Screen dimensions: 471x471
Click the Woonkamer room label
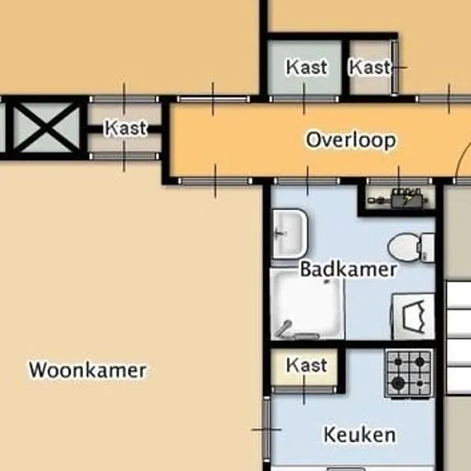(87, 370)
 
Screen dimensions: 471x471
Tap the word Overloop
(351, 140)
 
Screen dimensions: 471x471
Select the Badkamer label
(349, 269)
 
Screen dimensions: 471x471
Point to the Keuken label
(360, 434)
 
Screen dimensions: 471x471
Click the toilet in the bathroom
(411, 247)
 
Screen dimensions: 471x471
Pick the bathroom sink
(289, 234)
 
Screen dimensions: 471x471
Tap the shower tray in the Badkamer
(307, 305)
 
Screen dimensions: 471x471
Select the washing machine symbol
(414, 317)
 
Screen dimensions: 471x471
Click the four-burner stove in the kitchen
(409, 373)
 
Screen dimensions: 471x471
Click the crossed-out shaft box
(46, 128)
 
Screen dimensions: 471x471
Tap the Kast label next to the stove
(307, 365)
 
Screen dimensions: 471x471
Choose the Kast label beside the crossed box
(126, 128)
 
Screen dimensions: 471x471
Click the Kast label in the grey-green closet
(307, 67)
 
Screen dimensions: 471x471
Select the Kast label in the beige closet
(370, 67)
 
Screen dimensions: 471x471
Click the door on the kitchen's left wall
(266, 430)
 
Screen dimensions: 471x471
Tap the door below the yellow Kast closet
(304, 390)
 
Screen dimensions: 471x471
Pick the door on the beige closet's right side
(395, 68)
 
